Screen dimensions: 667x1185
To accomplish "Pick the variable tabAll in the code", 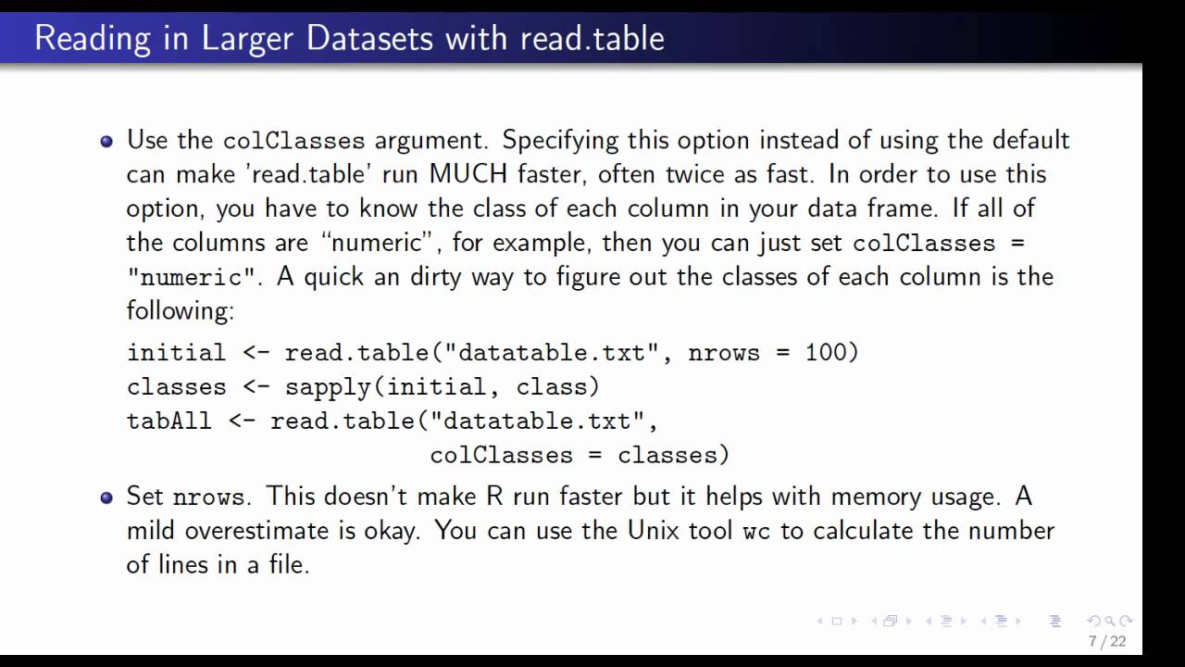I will pos(168,422).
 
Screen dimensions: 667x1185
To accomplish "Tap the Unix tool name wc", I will pos(756,531).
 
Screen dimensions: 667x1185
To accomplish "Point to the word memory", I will pos(869,497).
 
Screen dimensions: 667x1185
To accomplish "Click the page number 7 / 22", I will pos(1107,641).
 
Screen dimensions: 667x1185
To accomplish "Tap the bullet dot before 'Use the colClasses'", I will pos(107,142).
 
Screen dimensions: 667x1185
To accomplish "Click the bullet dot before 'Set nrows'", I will pos(107,497).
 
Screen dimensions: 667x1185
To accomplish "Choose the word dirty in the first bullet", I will pos(440,277).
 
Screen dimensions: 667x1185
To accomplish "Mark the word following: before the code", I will pos(181,310).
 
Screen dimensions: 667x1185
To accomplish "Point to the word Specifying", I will pos(560,141).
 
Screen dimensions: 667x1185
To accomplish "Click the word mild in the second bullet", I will pos(152,531).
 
